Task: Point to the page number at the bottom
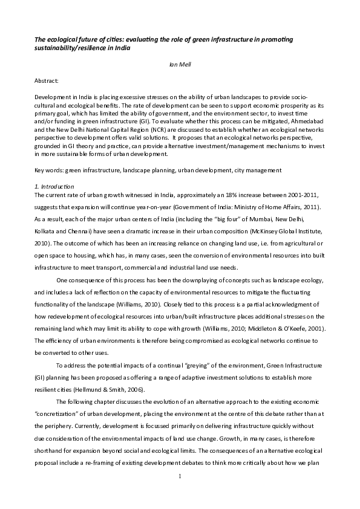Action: click(x=180, y=494)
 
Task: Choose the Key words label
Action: click(x=48, y=171)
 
